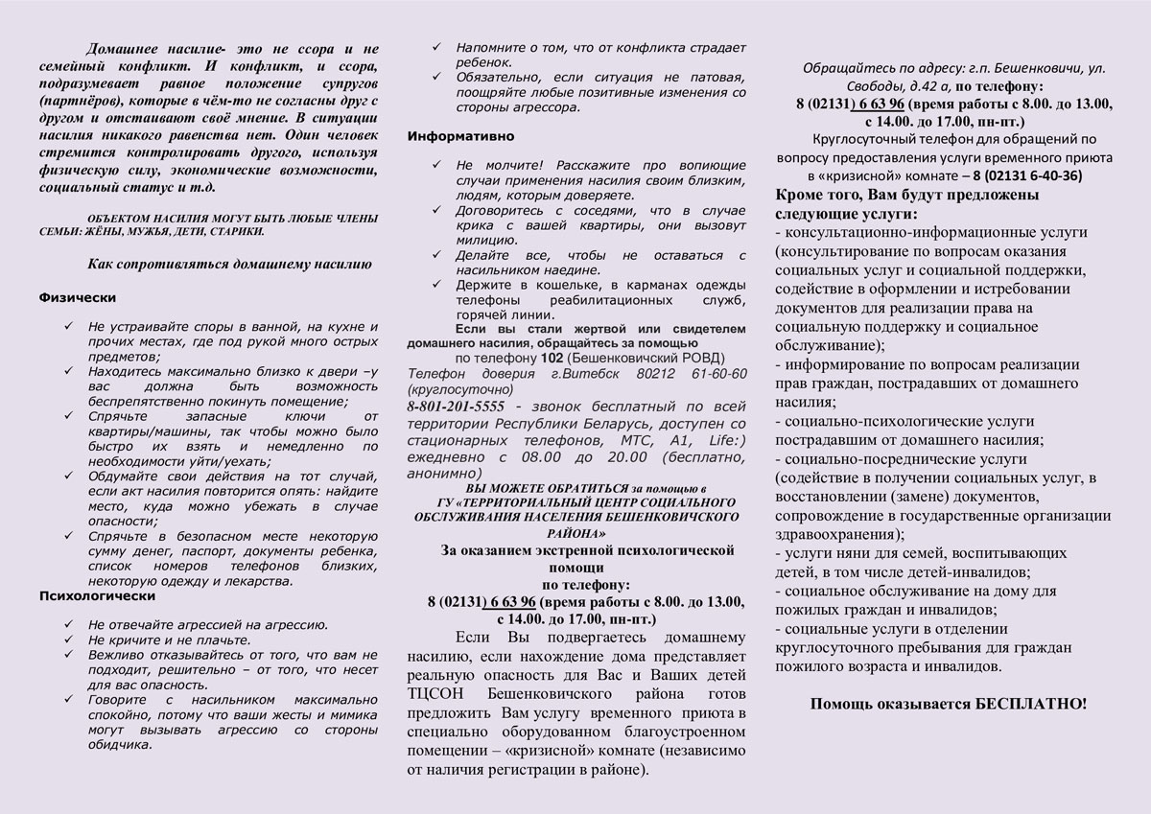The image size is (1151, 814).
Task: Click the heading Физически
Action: pyautogui.click(x=77, y=297)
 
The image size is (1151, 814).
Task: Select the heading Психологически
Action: pyautogui.click(x=91, y=596)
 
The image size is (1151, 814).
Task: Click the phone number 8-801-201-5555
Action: pyautogui.click(x=455, y=407)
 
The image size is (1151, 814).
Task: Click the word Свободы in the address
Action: pyautogui.click(x=871, y=86)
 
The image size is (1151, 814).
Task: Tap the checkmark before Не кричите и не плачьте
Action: pyautogui.click(x=68, y=640)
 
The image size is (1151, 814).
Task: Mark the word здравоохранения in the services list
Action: pyautogui.click(x=835, y=534)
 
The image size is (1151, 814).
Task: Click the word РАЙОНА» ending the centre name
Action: pyautogui.click(x=575, y=531)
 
